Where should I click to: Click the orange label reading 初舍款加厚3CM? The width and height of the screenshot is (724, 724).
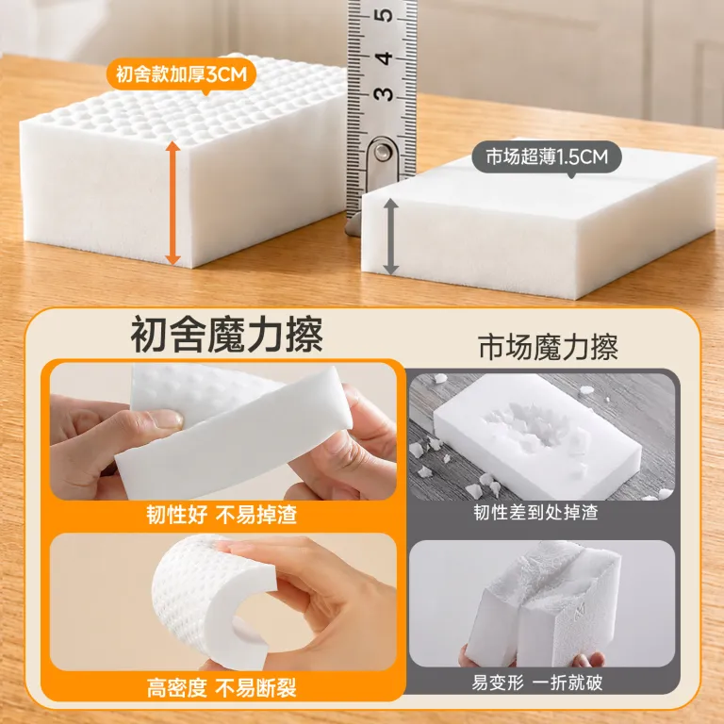pos(181,74)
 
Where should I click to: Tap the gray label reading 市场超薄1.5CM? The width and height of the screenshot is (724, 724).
pos(546,157)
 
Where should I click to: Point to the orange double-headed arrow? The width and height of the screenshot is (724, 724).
pos(173,204)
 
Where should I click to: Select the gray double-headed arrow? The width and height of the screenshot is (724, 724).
pos(390,237)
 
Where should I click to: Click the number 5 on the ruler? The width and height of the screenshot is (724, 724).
pos(384,15)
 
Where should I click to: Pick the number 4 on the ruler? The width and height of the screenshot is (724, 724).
pos(384,58)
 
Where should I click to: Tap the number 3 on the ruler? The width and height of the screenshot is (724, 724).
pos(384,94)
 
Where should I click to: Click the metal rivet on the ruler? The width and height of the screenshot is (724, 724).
pos(382,152)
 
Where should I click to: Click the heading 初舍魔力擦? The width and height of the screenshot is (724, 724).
pos(226,335)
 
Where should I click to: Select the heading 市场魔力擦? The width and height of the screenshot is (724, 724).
pos(548,347)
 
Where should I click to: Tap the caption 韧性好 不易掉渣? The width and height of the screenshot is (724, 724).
pos(222,514)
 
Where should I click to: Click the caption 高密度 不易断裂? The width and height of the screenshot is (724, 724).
pos(222,687)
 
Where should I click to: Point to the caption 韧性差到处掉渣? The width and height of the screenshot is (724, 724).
pos(535,512)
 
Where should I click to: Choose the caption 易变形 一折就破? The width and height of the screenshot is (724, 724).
pos(537,683)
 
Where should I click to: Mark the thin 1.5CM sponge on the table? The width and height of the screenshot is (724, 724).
pos(538,222)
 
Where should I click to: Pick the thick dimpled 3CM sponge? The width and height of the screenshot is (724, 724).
pos(185,159)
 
